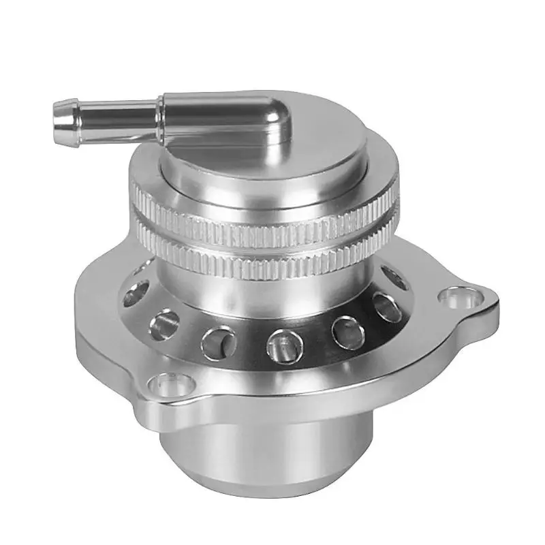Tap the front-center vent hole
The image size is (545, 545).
click(280, 343)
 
